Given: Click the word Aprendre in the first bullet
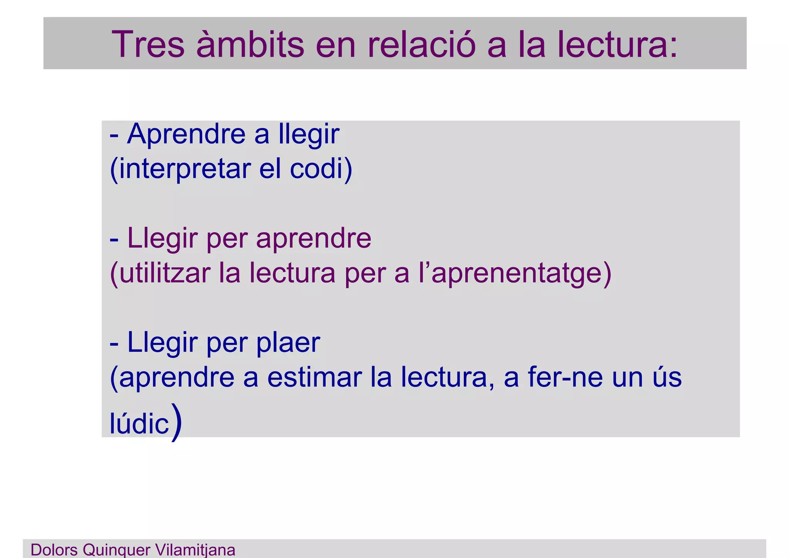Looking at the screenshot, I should pos(186,134).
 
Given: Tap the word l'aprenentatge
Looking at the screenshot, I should pos(510,273).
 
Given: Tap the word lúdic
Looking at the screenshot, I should pos(139,423).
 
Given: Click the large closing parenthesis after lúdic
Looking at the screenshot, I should pos(176,421).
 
